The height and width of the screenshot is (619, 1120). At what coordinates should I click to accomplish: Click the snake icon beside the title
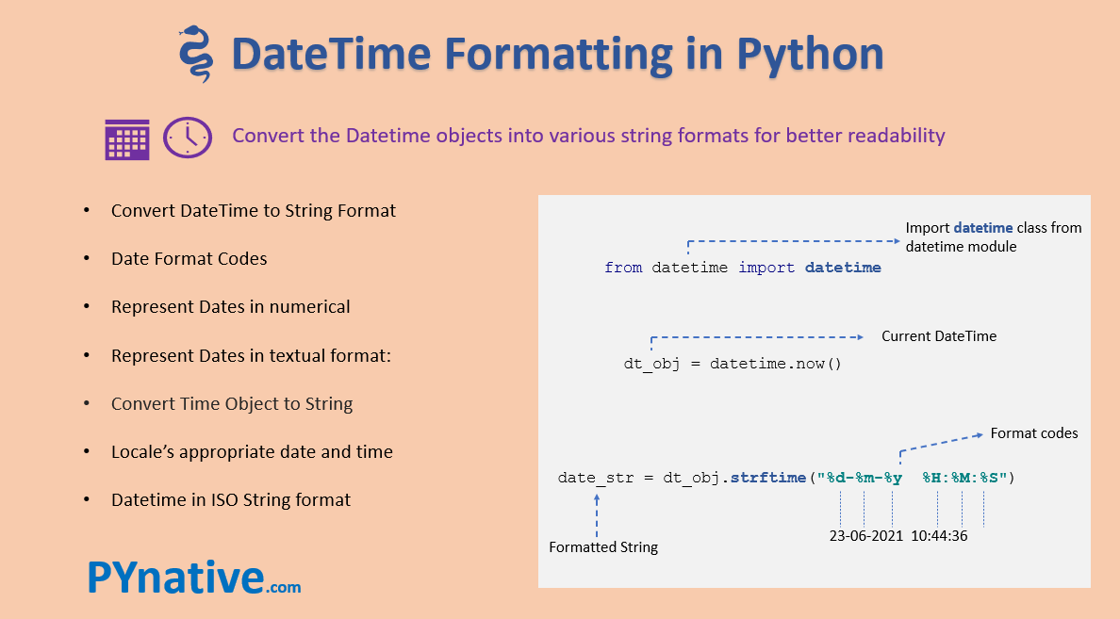(195, 55)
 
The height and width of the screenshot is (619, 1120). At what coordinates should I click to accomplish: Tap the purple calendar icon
(127, 138)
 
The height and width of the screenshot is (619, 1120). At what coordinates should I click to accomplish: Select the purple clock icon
(188, 138)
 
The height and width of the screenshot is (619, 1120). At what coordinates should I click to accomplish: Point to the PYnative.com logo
(194, 578)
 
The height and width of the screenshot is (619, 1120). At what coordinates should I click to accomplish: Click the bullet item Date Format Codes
(189, 258)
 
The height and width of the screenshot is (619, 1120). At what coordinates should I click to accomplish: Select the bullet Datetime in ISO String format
(230, 500)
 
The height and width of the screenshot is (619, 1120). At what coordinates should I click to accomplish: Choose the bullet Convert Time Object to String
(231, 403)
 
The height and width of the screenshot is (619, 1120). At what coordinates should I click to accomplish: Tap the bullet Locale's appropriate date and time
(252, 452)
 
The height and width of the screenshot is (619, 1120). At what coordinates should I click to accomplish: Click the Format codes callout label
(1033, 433)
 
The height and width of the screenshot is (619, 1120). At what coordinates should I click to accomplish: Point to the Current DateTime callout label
(938, 336)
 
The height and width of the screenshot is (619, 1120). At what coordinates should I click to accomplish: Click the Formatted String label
(603, 547)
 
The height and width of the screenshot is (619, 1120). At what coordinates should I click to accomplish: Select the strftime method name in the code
(768, 478)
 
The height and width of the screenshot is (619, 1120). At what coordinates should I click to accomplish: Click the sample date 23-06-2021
(866, 536)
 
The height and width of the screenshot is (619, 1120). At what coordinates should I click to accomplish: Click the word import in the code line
(766, 268)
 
